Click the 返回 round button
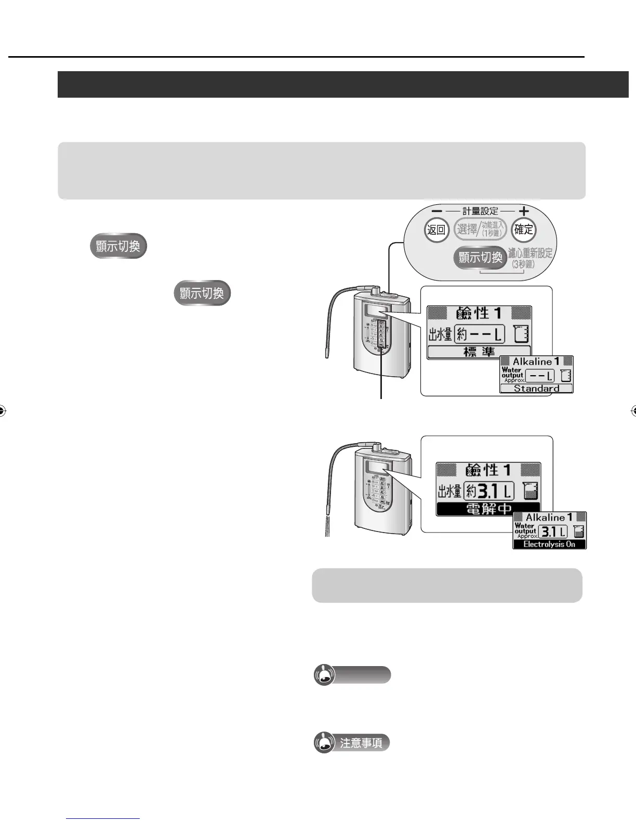tap(436, 230)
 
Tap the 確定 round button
tap(523, 230)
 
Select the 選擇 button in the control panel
tap(467, 229)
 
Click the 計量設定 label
tap(480, 211)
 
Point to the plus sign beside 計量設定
tap(524, 211)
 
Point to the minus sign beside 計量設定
tap(437, 211)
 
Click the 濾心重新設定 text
tap(530, 254)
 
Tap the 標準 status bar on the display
tap(479, 352)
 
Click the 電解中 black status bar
tap(488, 509)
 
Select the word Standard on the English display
tap(536, 388)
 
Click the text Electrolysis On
tap(549, 544)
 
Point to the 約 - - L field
tap(479, 334)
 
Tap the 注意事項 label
tap(361, 743)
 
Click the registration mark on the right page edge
tap(634, 411)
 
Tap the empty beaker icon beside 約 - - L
tap(521, 334)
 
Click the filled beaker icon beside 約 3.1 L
tap(530, 490)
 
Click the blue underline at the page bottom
tap(103, 818)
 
